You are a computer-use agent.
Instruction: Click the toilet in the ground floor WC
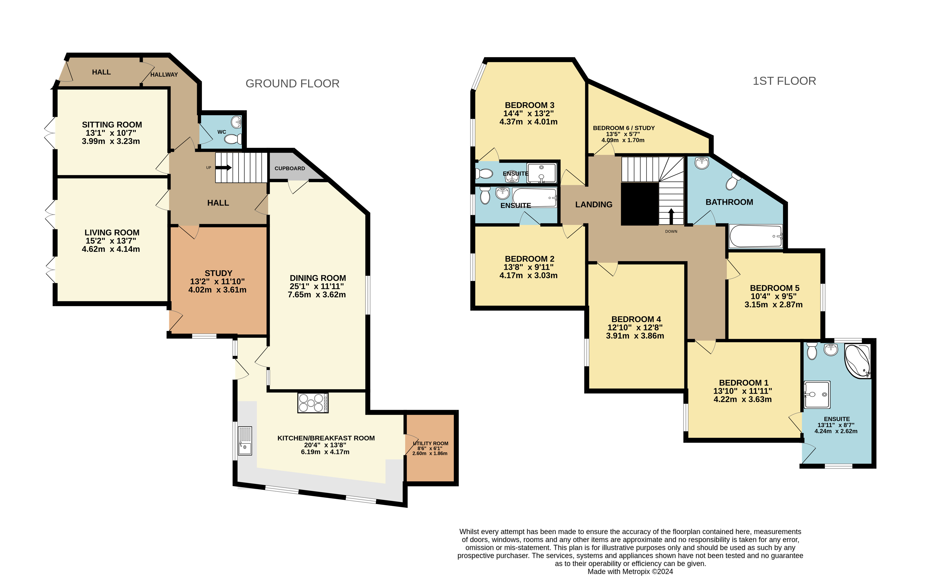[233, 139]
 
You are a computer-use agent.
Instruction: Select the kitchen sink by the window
[245, 441]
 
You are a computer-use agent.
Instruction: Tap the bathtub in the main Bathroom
[755, 236]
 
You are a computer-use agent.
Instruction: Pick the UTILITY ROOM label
[430, 444]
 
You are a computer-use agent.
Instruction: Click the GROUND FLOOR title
[292, 83]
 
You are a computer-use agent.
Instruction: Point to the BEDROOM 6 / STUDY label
[624, 128]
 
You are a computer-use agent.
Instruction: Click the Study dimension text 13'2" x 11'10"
[217, 282]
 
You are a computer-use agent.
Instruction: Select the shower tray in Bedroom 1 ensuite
[817, 394]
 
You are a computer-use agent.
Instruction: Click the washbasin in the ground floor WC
[237, 122]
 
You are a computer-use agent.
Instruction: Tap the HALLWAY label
[164, 75]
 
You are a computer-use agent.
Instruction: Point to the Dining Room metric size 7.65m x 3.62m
[317, 294]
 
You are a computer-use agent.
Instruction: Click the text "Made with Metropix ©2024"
[630, 571]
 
